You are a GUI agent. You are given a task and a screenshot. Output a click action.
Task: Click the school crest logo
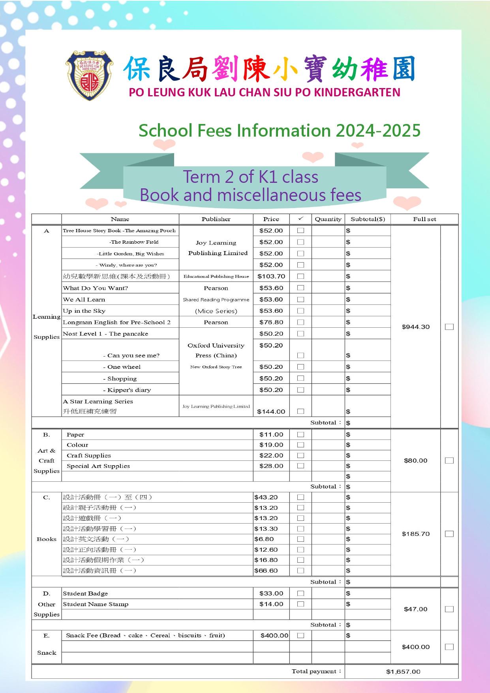(x=89, y=75)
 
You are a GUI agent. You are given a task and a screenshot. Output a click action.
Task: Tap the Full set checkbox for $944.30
(x=449, y=327)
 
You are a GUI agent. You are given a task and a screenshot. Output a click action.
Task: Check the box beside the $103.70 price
(x=300, y=276)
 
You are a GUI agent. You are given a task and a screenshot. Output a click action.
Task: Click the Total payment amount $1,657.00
(x=403, y=671)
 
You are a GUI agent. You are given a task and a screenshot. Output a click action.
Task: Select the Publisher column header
(x=216, y=219)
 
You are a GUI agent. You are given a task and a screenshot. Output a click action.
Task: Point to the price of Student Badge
(x=271, y=593)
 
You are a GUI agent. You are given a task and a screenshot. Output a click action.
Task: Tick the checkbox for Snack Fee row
(x=300, y=635)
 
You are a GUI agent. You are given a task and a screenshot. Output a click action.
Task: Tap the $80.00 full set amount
(x=415, y=460)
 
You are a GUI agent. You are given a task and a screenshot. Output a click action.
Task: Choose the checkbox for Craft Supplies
(x=300, y=455)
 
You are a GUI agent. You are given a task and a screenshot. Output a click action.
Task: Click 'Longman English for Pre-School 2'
(x=117, y=322)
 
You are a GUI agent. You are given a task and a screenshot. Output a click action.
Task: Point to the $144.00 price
(x=271, y=411)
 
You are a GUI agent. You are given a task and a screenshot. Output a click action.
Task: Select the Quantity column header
(x=328, y=219)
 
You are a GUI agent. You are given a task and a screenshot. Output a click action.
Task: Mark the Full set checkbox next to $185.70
(x=449, y=534)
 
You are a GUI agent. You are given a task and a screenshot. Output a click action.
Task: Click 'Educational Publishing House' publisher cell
(x=216, y=276)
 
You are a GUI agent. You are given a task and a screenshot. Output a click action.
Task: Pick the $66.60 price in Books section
(x=266, y=571)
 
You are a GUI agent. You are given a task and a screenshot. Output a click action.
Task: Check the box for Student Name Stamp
(x=300, y=604)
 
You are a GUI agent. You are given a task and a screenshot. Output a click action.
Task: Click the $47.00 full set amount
(x=415, y=609)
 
